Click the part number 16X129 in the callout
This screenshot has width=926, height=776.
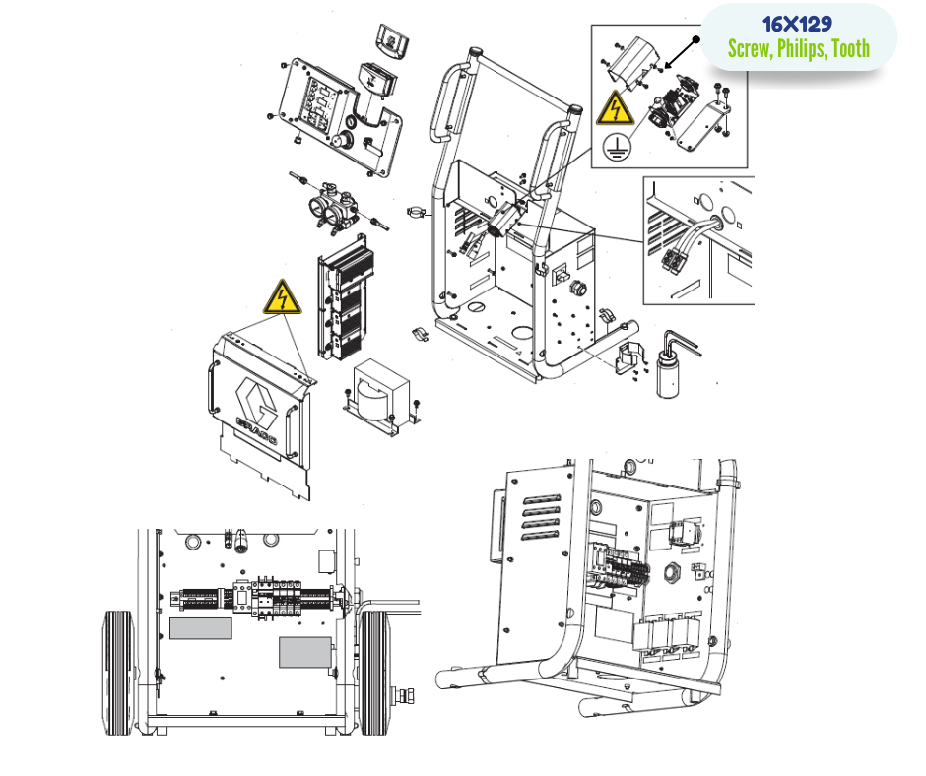point(797,25)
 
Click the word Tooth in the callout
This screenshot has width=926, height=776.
point(850,48)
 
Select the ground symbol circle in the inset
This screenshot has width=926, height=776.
point(617,146)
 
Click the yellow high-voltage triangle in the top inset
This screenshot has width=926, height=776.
point(615,108)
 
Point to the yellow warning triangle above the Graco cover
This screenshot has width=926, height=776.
point(283,297)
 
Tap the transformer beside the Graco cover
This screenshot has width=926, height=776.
point(381,396)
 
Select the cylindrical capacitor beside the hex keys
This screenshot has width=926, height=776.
point(668,374)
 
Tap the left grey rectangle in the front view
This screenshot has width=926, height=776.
point(201,628)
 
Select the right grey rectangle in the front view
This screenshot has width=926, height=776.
point(304,652)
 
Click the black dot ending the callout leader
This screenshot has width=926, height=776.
point(696,40)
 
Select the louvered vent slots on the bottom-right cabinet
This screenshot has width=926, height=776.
point(541,517)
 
